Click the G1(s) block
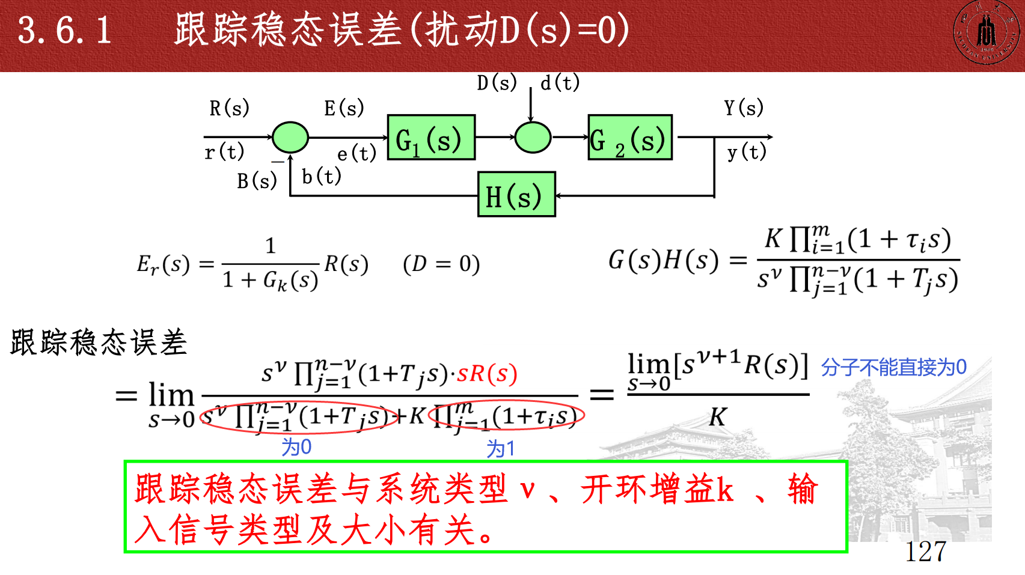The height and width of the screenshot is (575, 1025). (x=431, y=138)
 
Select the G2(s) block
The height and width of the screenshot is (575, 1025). (x=629, y=138)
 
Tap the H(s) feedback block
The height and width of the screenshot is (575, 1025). (x=516, y=195)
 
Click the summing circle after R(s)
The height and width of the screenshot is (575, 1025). (x=290, y=137)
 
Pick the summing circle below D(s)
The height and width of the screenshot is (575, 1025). (x=533, y=137)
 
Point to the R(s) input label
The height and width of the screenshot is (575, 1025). (x=229, y=108)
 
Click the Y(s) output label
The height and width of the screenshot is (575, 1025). (x=744, y=108)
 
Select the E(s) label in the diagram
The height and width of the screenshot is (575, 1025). (x=344, y=108)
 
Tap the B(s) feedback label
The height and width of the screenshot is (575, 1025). (x=257, y=181)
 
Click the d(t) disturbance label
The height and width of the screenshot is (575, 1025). (x=560, y=82)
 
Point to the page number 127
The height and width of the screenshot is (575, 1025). (x=926, y=552)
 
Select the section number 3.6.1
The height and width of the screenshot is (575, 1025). (x=65, y=30)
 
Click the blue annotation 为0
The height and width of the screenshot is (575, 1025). (x=296, y=447)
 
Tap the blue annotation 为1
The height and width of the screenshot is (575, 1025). (x=500, y=448)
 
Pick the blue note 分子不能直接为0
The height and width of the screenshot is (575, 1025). (x=893, y=367)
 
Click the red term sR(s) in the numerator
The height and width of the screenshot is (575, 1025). (x=487, y=374)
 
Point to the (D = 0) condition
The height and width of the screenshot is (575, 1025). (x=441, y=264)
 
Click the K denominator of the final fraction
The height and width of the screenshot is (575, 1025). (x=717, y=416)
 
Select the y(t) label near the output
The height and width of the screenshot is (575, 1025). (x=747, y=152)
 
